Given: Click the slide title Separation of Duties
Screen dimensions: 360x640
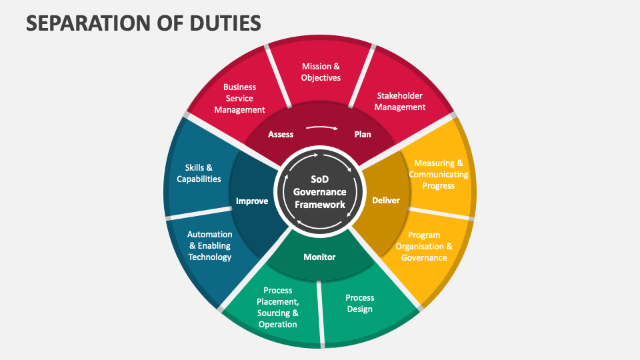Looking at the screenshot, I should click(143, 23).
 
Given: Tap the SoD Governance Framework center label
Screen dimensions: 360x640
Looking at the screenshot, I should click(319, 192).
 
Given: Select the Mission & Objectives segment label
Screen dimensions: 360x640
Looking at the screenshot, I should click(321, 72).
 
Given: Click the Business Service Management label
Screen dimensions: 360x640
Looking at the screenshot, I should click(239, 98).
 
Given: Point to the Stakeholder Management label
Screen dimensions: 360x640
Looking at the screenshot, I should click(399, 101).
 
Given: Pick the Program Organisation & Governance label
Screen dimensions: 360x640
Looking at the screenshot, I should click(424, 246).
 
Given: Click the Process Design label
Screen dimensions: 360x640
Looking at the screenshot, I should click(360, 303).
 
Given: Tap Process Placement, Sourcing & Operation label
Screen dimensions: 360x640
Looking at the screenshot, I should click(277, 307).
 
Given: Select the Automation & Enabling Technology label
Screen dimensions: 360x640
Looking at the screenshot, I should click(209, 245).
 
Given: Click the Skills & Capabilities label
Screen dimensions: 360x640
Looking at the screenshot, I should click(199, 173).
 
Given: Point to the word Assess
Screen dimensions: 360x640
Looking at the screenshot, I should click(281, 134).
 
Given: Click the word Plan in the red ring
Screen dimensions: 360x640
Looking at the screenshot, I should click(363, 134).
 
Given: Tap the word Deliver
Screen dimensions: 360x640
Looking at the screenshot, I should click(386, 200).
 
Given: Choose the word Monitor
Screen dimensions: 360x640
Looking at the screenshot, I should click(319, 257).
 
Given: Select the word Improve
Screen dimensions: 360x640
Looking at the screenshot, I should click(252, 201).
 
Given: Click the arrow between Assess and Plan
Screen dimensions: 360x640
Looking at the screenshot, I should click(322, 127).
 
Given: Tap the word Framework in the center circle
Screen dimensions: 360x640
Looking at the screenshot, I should click(319, 205).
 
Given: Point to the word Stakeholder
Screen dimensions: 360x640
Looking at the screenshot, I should click(399, 95).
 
